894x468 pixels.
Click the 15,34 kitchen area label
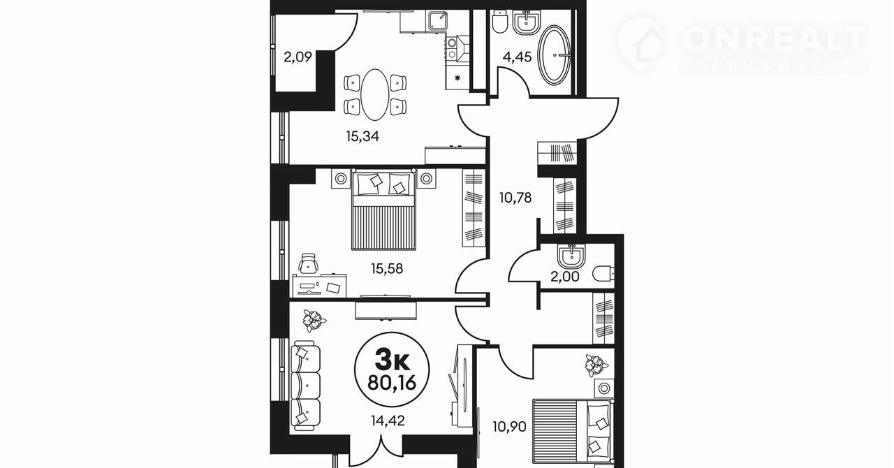tap(362, 137)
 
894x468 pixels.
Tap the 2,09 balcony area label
tap(298, 57)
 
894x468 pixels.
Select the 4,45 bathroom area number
tap(518, 57)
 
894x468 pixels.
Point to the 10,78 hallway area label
tap(515, 197)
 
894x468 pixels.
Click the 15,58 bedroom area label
tap(387, 269)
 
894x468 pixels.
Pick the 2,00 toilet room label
tap(565, 277)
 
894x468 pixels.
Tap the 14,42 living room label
tap(388, 421)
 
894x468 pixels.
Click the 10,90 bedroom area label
tap(510, 427)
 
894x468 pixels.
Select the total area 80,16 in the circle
tap(392, 383)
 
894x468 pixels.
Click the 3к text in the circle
tap(393, 362)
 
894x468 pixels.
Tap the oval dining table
tap(375, 94)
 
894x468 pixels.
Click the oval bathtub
tap(555, 55)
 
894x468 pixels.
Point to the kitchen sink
tap(438, 21)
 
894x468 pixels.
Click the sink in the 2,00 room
tap(571, 256)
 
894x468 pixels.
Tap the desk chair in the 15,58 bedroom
tap(309, 263)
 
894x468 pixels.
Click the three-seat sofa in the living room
tap(306, 386)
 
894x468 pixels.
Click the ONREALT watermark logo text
tap(775, 38)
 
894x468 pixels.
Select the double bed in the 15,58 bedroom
tap(383, 210)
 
